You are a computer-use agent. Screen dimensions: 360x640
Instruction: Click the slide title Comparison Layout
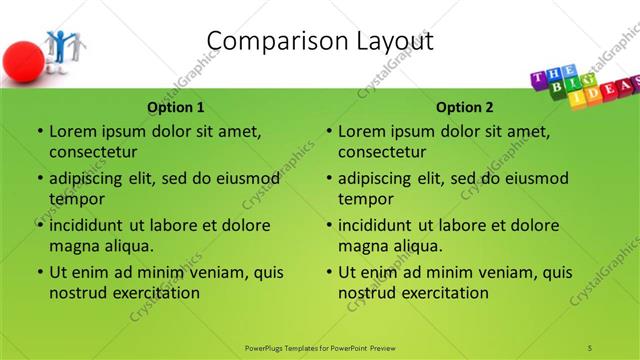point(320,41)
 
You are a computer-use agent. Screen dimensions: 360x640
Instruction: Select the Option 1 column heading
point(176,107)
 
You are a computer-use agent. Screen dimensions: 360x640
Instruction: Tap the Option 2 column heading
point(465,107)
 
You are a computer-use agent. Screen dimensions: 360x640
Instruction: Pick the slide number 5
point(590,346)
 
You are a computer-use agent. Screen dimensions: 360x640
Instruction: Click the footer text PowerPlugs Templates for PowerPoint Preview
point(320,346)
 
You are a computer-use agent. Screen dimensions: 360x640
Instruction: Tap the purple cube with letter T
point(539,81)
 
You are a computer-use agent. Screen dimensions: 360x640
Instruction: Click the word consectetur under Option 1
point(93,152)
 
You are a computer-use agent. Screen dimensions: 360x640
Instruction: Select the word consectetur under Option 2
point(382,152)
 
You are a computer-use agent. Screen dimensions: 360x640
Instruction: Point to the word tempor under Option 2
point(366,198)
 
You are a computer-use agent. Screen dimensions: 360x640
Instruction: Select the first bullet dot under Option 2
point(329,131)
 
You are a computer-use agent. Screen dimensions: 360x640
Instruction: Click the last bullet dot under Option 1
point(40,272)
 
